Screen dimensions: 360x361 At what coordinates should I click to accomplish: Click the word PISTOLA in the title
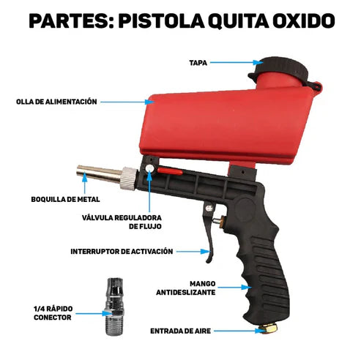click(154, 20)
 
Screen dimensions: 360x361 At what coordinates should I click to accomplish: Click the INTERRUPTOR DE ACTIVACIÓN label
click(122, 251)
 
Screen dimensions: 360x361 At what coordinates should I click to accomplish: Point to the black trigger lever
click(208, 234)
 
